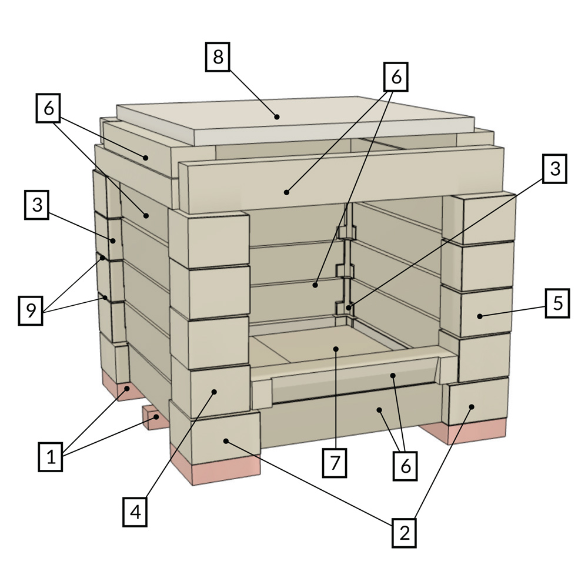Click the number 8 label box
(x=218, y=57)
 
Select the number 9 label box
(x=31, y=310)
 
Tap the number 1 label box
(x=51, y=456)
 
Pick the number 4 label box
(x=135, y=512)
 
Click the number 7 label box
(x=335, y=463)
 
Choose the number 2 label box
(x=405, y=533)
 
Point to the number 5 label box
(x=557, y=303)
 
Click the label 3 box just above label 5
(x=554, y=169)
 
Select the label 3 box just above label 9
(x=36, y=205)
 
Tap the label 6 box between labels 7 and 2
(x=405, y=466)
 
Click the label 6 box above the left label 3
(x=48, y=108)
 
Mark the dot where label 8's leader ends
(x=277, y=116)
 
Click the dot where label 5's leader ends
(x=480, y=316)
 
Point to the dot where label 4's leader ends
(x=214, y=392)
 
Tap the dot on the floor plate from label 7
(x=336, y=349)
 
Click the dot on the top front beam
(x=286, y=192)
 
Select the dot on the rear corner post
(x=349, y=308)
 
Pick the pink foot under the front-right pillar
(x=465, y=431)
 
